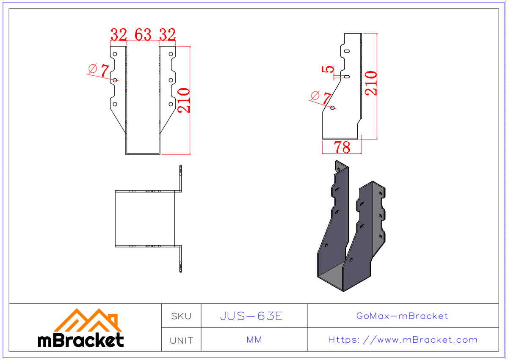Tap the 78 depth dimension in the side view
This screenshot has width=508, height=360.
click(x=342, y=147)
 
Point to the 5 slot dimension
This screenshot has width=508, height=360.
click(x=328, y=70)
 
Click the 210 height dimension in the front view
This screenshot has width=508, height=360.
click(x=184, y=100)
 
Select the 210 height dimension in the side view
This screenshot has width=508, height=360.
click(x=371, y=83)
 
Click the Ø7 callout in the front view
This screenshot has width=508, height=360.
click(x=99, y=69)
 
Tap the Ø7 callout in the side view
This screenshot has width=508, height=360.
click(x=321, y=97)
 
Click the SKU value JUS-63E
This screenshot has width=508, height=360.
click(x=251, y=316)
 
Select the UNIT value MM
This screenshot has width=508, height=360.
click(x=254, y=340)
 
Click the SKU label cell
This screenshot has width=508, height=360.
click(x=181, y=316)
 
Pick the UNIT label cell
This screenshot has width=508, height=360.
click(x=181, y=340)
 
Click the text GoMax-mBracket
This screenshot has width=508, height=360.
click(x=402, y=316)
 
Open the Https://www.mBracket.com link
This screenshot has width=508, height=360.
click(x=403, y=340)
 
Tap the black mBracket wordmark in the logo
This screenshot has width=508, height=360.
click(x=81, y=340)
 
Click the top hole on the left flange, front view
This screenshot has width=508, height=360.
click(x=115, y=54)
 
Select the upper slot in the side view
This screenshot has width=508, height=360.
click(x=347, y=51)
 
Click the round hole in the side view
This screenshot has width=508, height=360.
click(x=333, y=107)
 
